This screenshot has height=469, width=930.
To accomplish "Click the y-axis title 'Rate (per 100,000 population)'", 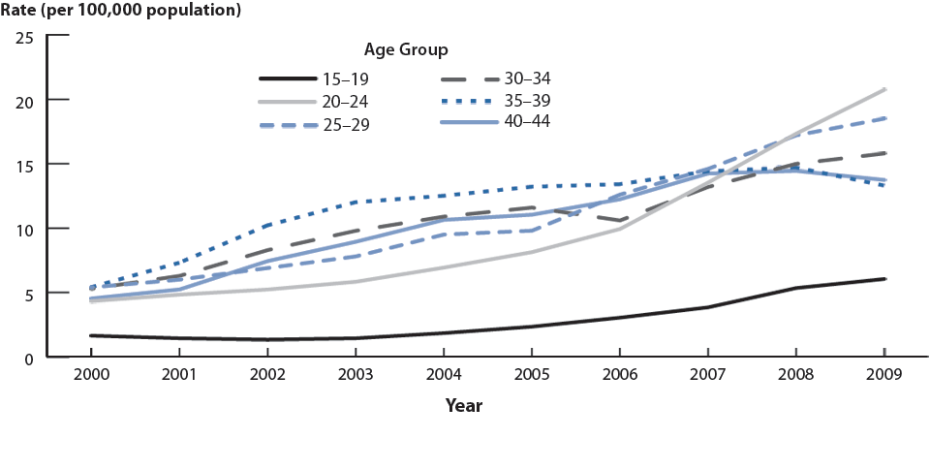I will pos(121,11).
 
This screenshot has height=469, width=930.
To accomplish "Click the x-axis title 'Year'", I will pos(464,406).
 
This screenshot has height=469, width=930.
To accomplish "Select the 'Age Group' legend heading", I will pos(406,48).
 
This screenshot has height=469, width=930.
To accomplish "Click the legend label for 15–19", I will pos(348,78).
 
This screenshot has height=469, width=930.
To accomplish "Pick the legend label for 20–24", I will pos(348,101).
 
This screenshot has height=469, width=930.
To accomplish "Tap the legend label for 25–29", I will pos(348,124).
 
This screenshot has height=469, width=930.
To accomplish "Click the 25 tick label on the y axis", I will pos(24,37).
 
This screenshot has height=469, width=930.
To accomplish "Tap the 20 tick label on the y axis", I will pos(24,101).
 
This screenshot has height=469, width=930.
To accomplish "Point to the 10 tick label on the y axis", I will pos(24,230).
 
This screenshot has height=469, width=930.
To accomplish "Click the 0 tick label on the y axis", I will pos(29,358).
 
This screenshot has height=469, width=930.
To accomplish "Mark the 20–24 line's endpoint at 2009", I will pos(884,89).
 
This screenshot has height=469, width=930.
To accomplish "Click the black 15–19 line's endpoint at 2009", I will pos(884,279).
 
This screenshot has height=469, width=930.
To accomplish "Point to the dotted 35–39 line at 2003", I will pos(355,202).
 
